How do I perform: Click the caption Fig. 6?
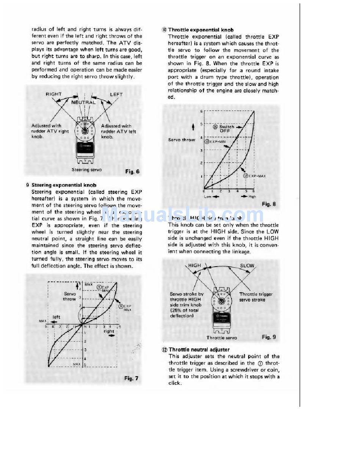point(132,172)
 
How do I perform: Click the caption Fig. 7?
point(131,378)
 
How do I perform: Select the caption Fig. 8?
point(269,204)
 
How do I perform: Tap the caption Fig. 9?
point(269,337)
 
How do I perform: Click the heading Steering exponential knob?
point(64,185)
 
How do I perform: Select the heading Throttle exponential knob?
point(201,30)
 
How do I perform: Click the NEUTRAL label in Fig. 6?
point(83,102)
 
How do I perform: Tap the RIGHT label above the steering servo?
point(54,94)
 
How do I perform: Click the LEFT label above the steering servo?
point(116,94)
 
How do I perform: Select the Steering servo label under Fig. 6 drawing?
point(86,170)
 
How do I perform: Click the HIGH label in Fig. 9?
point(194,265)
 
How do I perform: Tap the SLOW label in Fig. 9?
point(247,265)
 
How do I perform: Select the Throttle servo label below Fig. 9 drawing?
point(222,337)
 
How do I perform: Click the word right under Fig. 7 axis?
point(109,331)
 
